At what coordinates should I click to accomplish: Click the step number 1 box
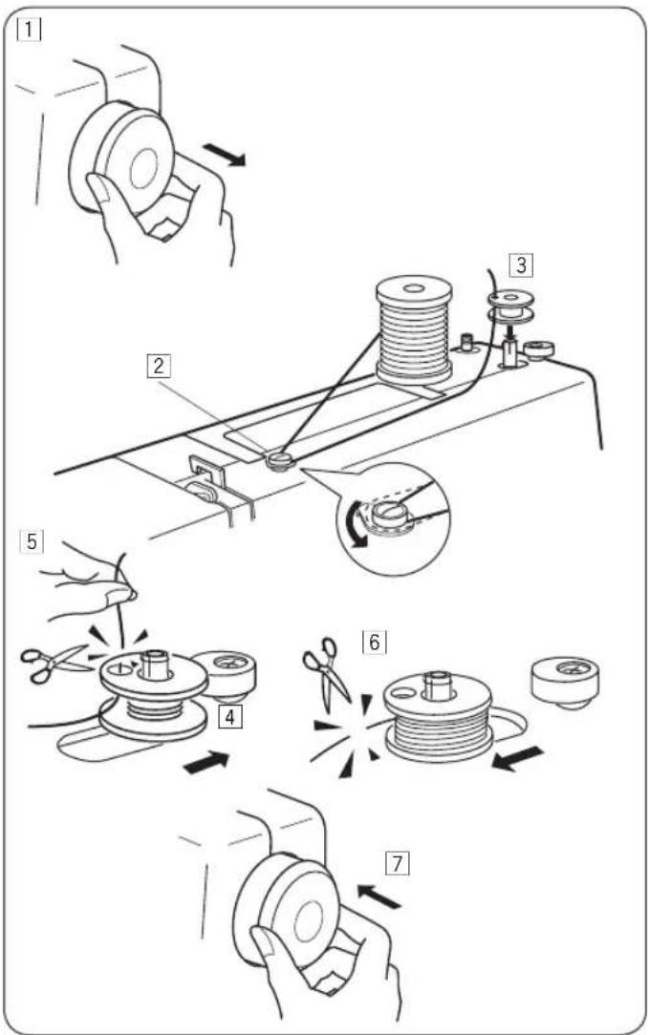(31, 29)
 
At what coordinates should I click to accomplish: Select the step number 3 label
(522, 264)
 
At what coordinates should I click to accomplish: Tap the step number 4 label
(230, 717)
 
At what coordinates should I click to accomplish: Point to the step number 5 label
(31, 541)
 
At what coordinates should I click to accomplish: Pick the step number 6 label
(374, 641)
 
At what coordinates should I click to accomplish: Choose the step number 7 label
(397, 863)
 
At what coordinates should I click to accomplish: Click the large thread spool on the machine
(414, 330)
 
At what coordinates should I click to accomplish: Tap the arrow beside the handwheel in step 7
(378, 898)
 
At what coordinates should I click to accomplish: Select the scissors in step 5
(54, 662)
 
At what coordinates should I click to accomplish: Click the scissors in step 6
(327, 670)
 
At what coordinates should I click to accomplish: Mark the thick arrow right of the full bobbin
(519, 758)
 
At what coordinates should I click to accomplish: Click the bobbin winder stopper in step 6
(566, 681)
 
